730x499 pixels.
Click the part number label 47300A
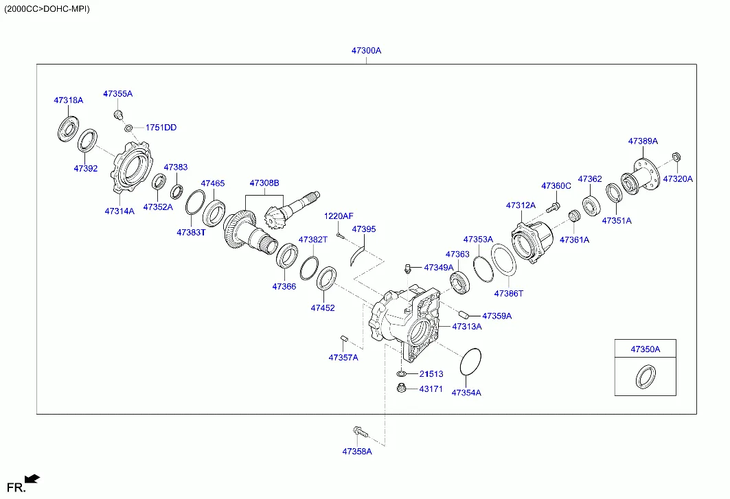(x=366, y=51)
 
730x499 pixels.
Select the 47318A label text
(x=68, y=100)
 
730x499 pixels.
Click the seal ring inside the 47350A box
(x=645, y=377)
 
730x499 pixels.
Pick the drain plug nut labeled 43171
(x=401, y=388)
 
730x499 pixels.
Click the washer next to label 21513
(x=401, y=374)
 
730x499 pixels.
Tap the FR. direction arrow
(x=32, y=479)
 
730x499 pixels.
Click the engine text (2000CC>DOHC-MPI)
(x=47, y=9)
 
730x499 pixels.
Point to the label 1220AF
(x=339, y=216)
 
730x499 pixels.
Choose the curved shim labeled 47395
(x=358, y=255)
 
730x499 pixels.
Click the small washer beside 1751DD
(x=128, y=128)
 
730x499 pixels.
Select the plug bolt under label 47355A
(x=118, y=113)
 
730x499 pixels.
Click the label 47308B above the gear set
(x=264, y=183)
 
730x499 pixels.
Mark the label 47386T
(x=509, y=293)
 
